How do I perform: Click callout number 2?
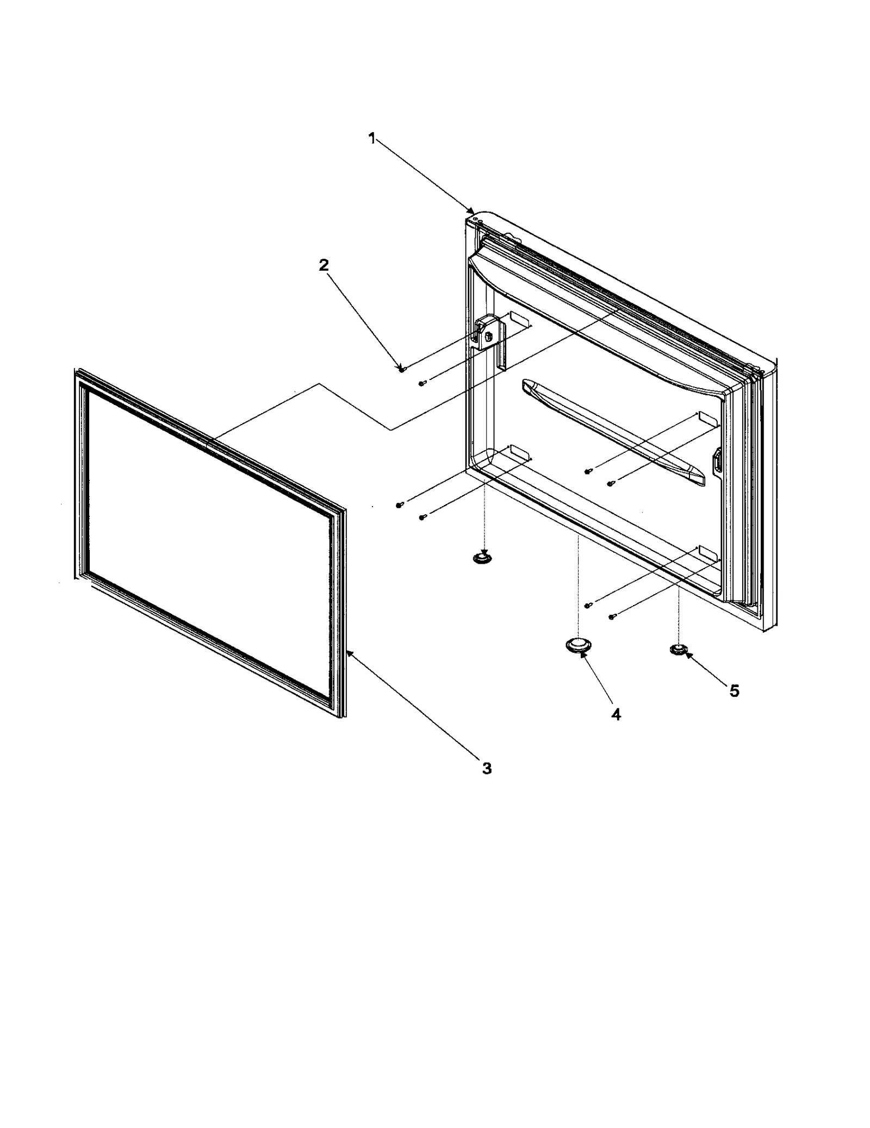323,265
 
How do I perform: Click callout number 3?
486,768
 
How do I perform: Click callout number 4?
616,715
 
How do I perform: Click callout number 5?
734,691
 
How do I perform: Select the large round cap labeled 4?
577,645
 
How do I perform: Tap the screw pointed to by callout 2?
401,369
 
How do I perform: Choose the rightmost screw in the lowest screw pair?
612,616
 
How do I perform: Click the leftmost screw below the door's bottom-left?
400,506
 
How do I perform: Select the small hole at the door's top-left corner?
476,220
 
